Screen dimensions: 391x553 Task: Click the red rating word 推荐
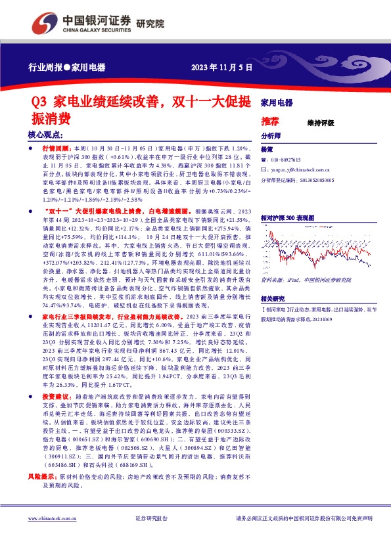click(269, 122)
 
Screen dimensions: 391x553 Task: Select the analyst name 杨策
click(266, 150)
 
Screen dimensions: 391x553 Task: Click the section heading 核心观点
click(45, 134)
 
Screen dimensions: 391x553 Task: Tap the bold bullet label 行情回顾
click(53, 150)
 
